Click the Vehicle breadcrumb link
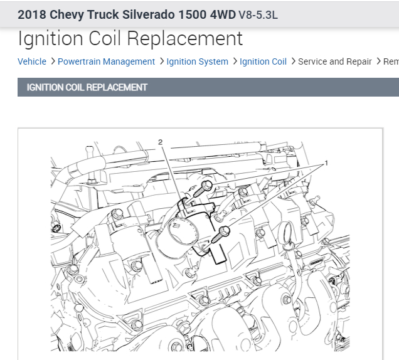(x=32, y=61)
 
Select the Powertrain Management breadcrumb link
(x=106, y=61)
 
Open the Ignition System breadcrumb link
(x=197, y=61)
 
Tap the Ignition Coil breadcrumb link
(x=263, y=61)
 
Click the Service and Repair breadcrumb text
(x=335, y=61)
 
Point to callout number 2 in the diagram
(x=160, y=142)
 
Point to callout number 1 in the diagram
(x=326, y=163)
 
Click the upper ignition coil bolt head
(x=207, y=186)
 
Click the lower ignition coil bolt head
(x=224, y=231)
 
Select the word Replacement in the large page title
(x=184, y=39)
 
